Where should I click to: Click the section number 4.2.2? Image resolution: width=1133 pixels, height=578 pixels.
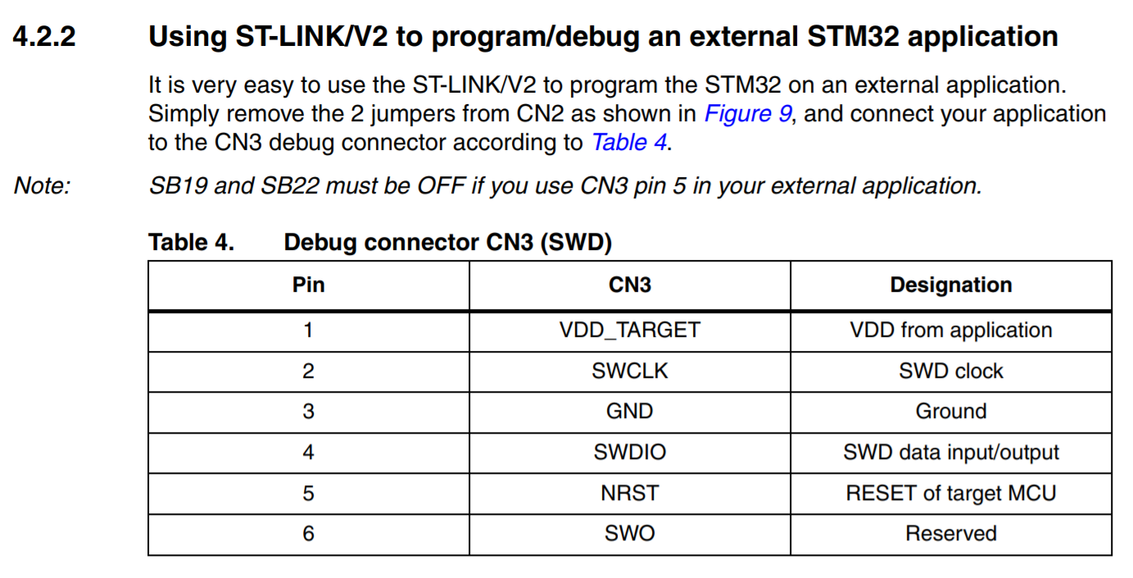coord(44,37)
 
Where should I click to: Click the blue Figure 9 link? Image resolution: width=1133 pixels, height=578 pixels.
coord(748,113)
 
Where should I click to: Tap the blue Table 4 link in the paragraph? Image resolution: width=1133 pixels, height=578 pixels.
coord(629,142)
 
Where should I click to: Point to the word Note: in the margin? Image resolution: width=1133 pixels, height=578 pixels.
coord(42,185)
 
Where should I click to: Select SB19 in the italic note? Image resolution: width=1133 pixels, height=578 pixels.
coord(178,185)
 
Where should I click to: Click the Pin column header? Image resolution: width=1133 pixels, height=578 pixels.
coord(309,284)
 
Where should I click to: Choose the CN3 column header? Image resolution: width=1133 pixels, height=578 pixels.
coord(630,284)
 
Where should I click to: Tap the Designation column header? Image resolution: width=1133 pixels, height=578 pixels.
coord(951,285)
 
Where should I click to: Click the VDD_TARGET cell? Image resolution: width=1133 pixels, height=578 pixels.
coord(630,330)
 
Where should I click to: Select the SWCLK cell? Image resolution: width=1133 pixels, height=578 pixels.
coord(630,371)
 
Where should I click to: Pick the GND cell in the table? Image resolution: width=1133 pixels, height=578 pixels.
coord(630,411)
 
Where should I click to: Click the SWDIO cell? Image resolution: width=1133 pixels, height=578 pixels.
coord(630,452)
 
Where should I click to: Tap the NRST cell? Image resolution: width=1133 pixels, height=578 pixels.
coord(630,493)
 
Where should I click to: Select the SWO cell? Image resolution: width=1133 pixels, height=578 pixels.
coord(630,534)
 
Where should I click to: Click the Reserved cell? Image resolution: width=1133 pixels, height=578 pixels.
coord(951,534)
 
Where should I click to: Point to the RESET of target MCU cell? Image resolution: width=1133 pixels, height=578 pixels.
coord(951,494)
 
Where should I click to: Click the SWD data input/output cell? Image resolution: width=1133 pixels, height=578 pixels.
coord(951,453)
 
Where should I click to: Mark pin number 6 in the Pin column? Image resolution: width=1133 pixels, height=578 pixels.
coord(309,534)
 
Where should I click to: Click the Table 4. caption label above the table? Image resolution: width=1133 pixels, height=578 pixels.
coord(191,242)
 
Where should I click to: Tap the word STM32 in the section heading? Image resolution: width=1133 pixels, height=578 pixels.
coord(853,37)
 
